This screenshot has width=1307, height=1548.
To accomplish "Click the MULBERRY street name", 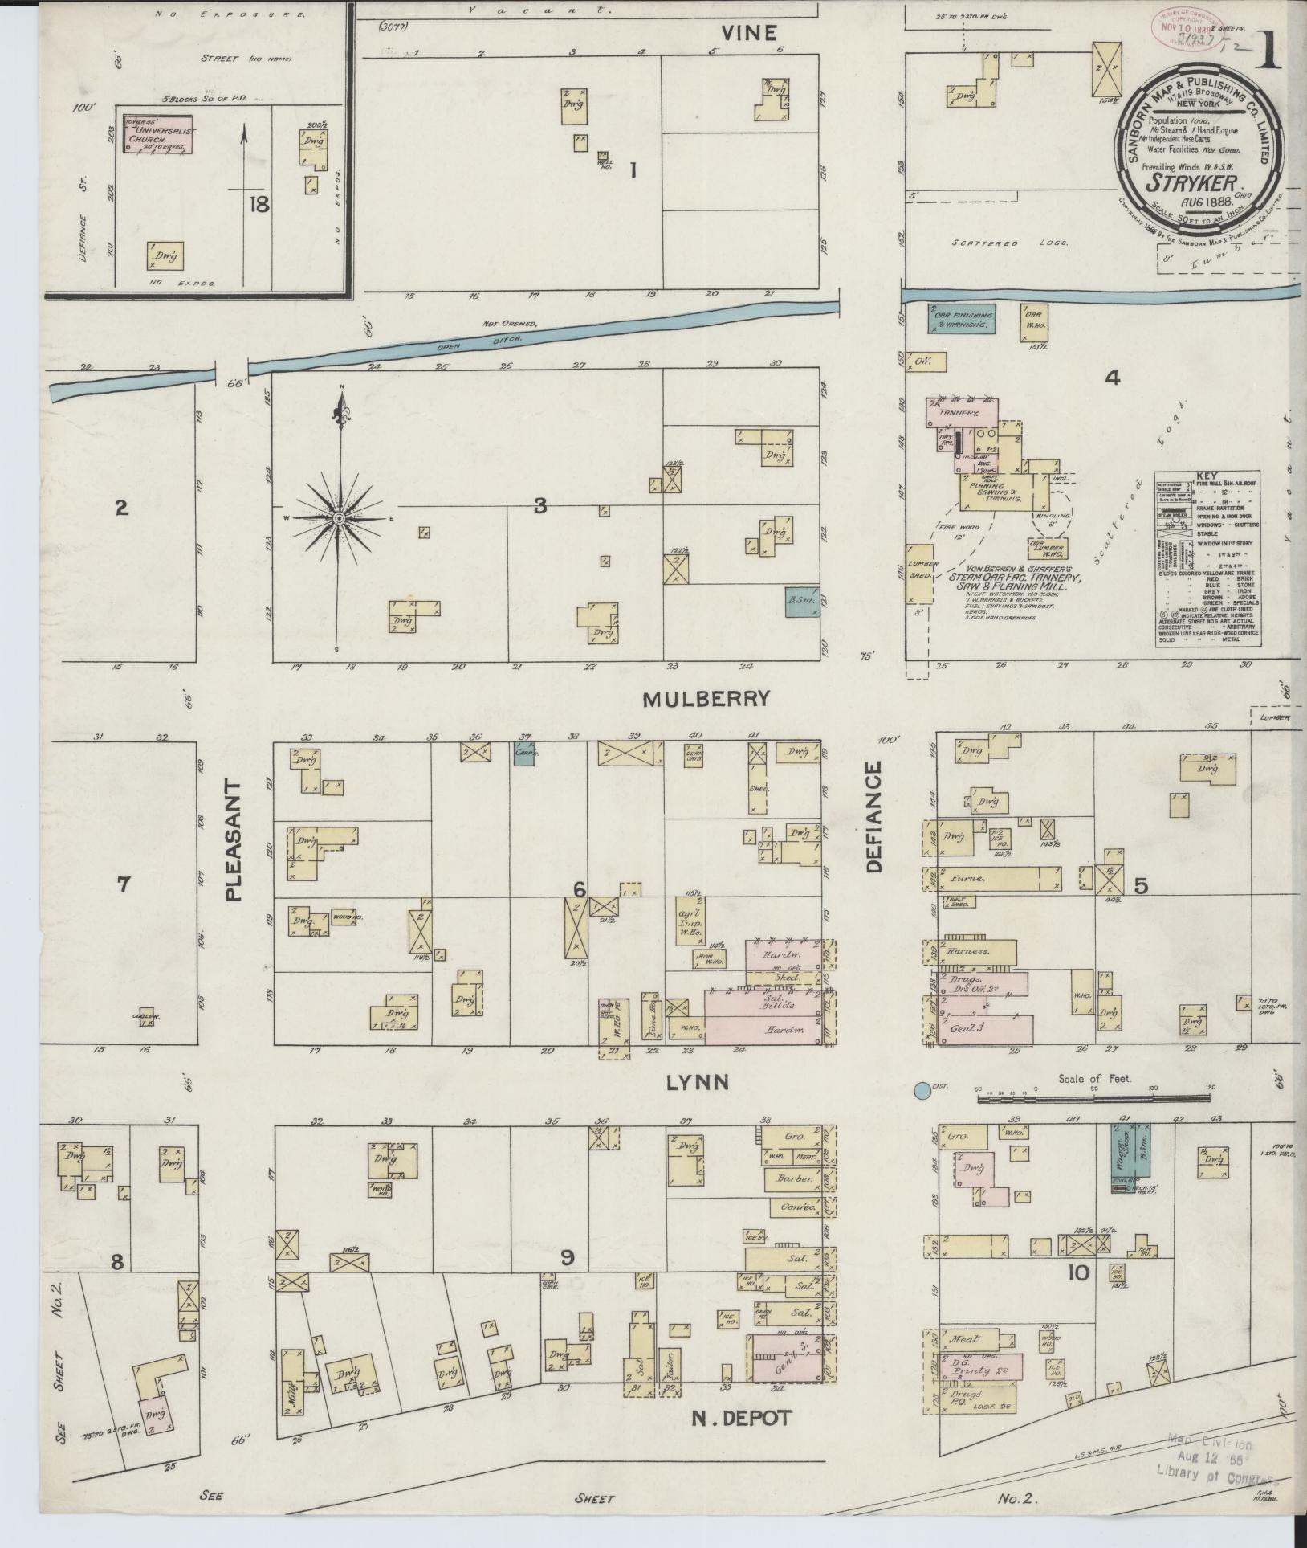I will point(717,699).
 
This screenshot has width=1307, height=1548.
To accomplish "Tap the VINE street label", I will point(748,33).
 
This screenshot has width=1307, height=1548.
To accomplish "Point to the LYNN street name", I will point(698,1083).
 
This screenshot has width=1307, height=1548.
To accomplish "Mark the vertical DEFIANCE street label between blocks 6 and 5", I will point(874,817).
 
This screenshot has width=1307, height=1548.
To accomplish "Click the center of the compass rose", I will point(340,519).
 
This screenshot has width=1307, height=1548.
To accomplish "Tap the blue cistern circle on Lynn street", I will point(922,1091).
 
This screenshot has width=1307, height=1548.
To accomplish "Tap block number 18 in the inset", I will point(259,205).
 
